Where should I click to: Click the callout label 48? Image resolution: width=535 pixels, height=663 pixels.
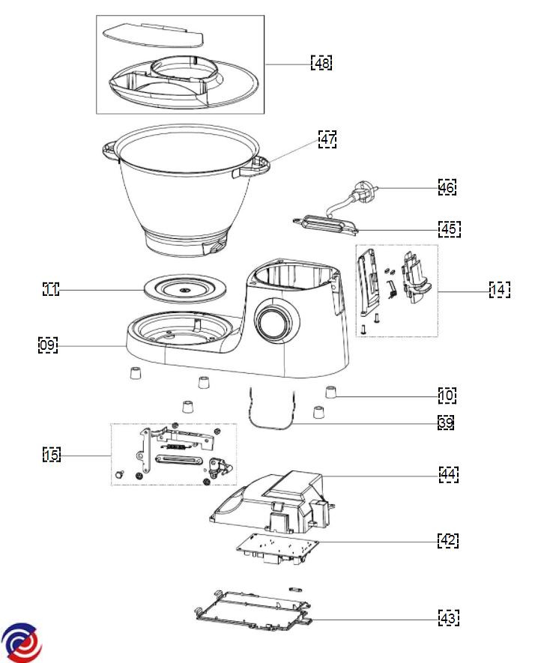click(321, 63)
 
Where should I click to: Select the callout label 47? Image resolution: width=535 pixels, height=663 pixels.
click(327, 139)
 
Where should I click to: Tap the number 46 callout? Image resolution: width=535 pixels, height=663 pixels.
click(447, 187)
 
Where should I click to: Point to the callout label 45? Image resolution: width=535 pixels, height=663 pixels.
click(450, 228)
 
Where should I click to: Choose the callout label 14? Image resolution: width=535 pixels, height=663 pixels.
click(500, 289)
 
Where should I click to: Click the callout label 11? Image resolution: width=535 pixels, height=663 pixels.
click(50, 289)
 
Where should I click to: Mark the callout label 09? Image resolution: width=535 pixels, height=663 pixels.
click(48, 345)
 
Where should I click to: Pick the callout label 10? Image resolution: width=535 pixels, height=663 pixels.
click(447, 395)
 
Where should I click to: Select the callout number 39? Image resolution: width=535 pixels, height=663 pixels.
click(446, 423)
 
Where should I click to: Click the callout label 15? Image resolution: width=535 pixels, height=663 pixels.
click(51, 455)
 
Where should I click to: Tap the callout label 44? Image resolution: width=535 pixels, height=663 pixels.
click(449, 474)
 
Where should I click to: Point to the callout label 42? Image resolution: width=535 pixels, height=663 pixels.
click(448, 540)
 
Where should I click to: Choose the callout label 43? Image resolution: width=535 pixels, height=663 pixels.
click(449, 618)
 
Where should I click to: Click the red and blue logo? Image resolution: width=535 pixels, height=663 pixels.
click(21, 642)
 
